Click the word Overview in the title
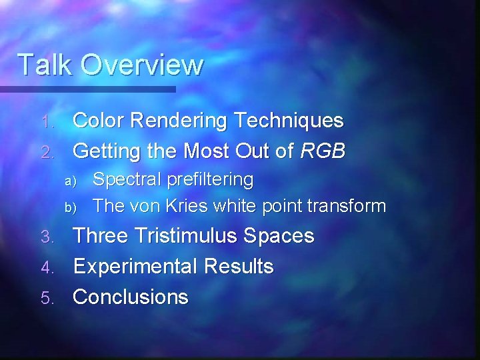tap(137, 65)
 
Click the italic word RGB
tap(323, 151)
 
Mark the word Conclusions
tap(131, 297)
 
